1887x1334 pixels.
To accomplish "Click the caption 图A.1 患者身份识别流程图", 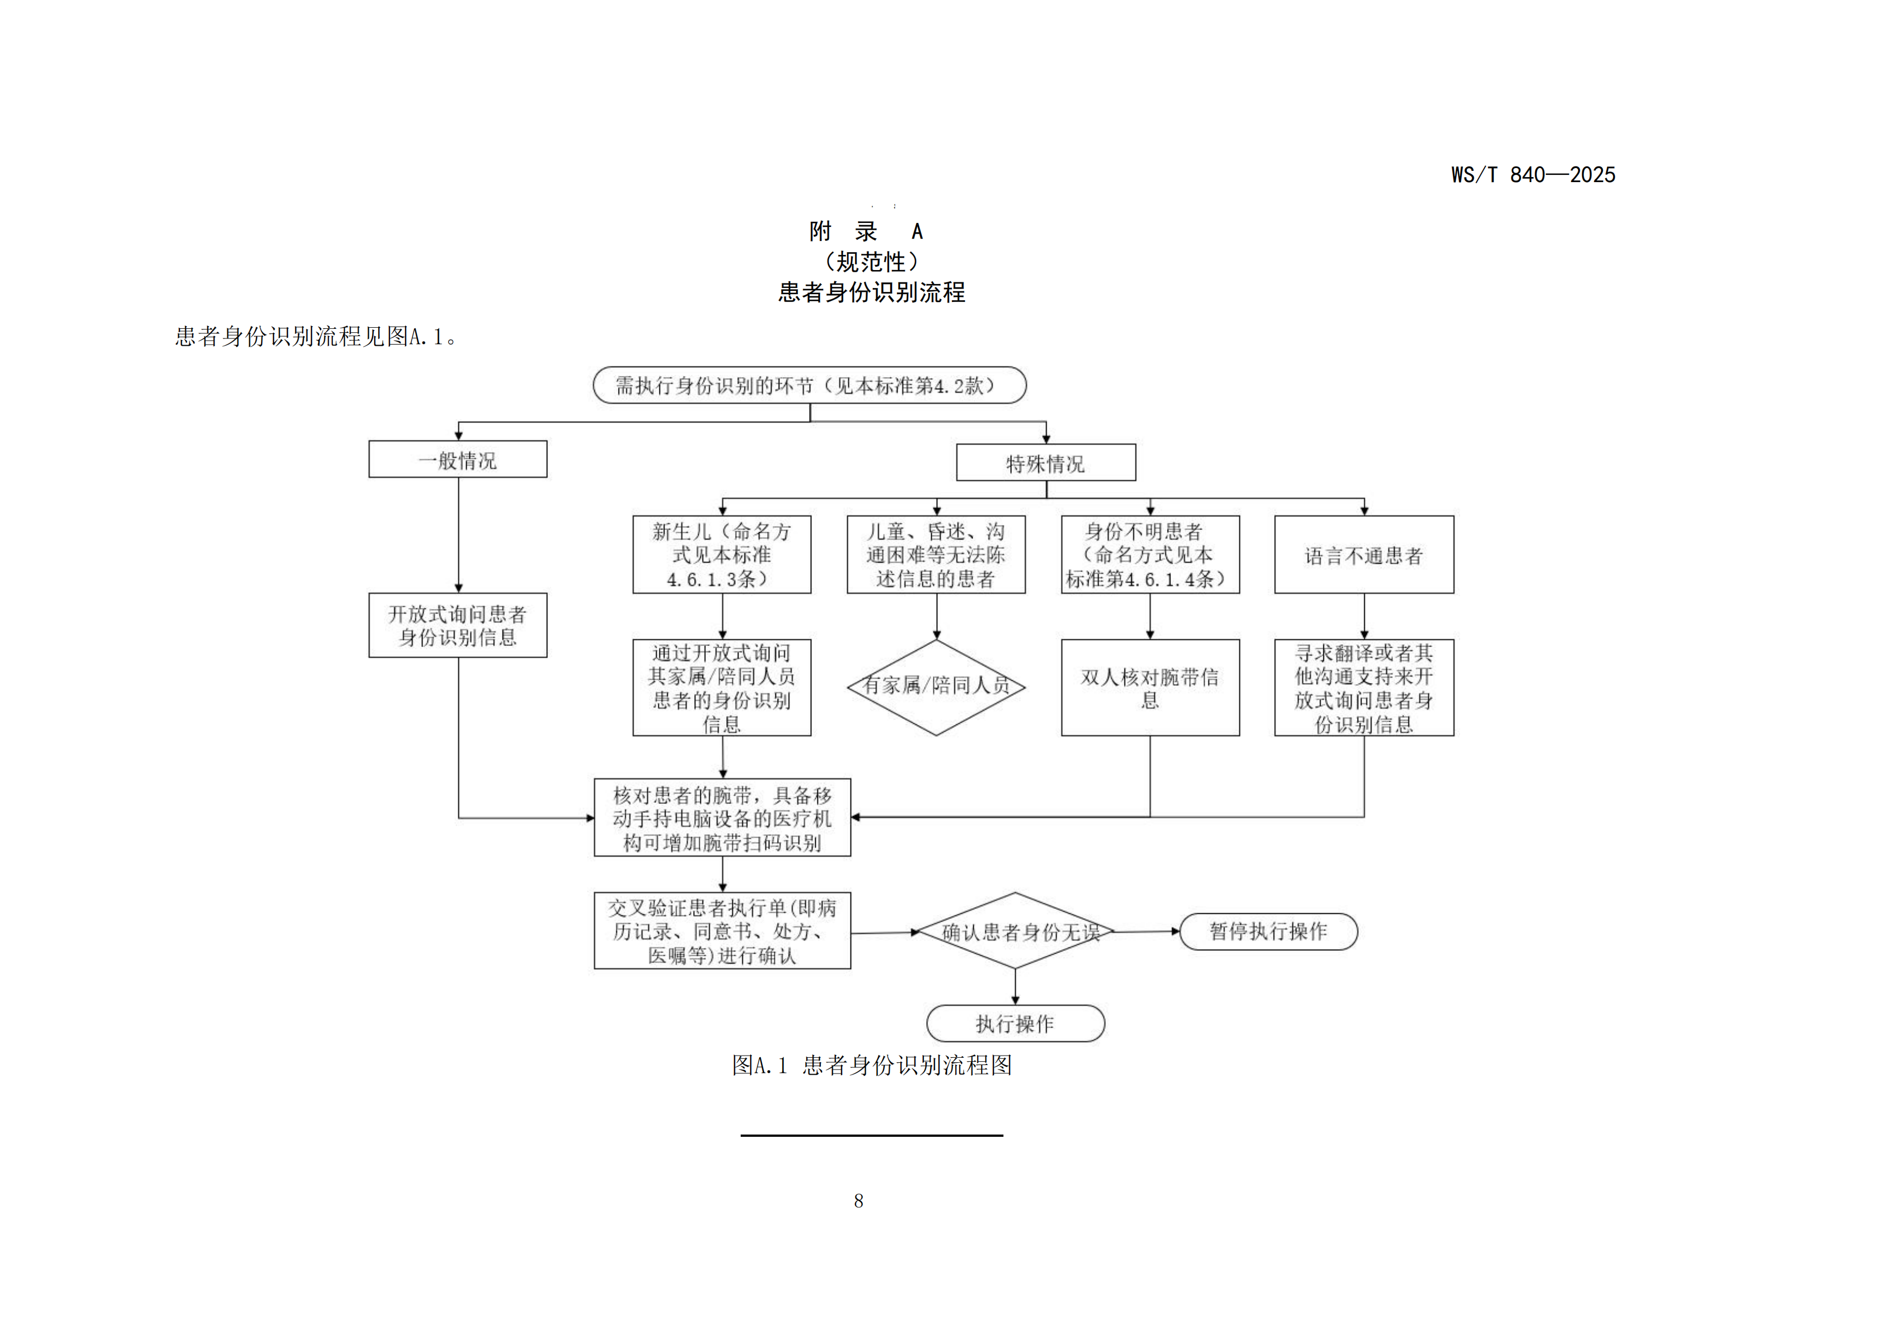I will pyautogui.click(x=871, y=1065).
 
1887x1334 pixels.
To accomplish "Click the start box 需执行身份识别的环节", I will pyautogui.click(x=810, y=385).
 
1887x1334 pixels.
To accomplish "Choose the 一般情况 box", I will pyautogui.click(x=458, y=459).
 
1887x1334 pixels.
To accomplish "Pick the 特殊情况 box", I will pyautogui.click(x=1045, y=463).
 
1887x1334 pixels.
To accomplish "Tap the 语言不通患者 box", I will pyautogui.click(x=1364, y=555).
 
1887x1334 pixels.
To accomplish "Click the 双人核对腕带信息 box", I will pyautogui.click(x=1150, y=688).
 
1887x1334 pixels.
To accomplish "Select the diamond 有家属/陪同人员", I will pyautogui.click(x=936, y=686).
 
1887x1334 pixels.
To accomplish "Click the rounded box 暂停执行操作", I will pyautogui.click(x=1268, y=931).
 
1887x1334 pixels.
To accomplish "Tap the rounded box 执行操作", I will pyautogui.click(x=1015, y=1023).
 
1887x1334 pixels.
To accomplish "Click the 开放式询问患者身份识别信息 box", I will pyautogui.click(x=458, y=625).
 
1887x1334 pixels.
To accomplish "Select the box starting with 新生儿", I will pyautogui.click(x=722, y=555).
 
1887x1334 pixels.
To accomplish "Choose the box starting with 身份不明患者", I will pyautogui.click(x=1150, y=555).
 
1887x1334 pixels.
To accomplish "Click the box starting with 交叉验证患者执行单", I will pyautogui.click(x=722, y=931).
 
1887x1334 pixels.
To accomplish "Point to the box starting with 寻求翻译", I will pyautogui.click(x=1364, y=688).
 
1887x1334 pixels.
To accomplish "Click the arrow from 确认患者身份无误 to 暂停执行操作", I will pyautogui.click(x=1146, y=932).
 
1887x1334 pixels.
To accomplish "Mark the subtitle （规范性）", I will pyautogui.click(x=871, y=262).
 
